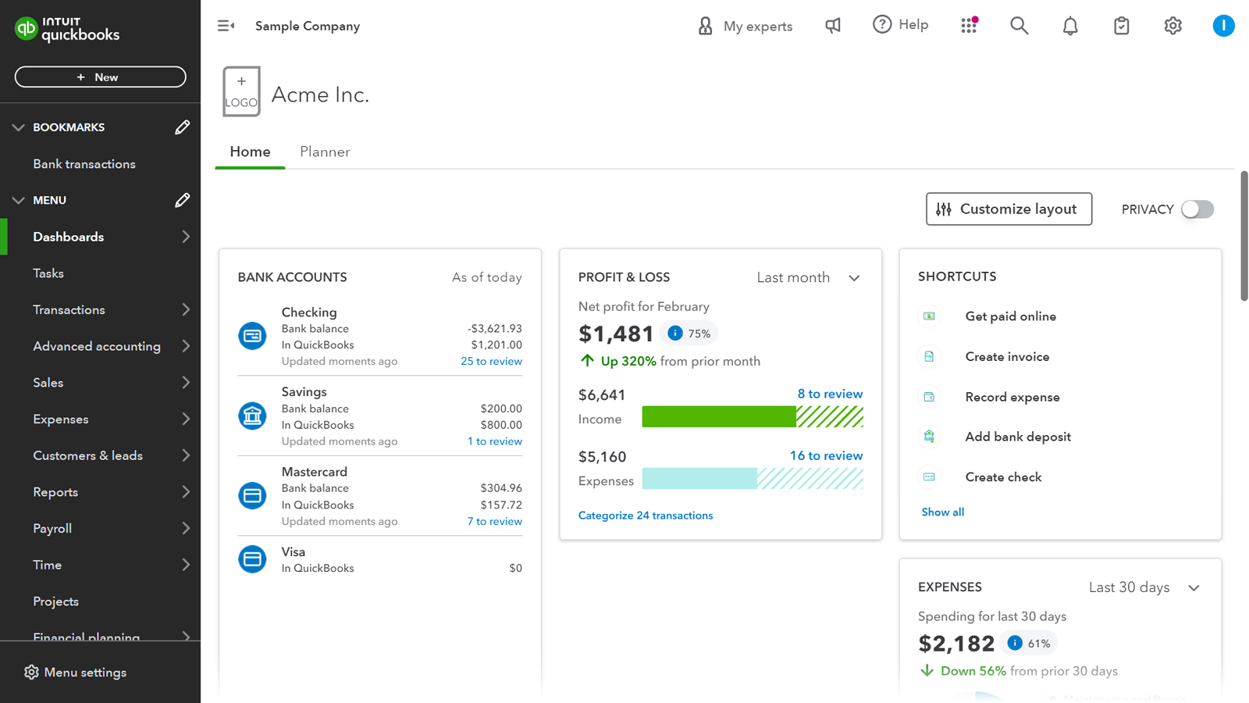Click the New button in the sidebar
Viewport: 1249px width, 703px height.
tap(100, 77)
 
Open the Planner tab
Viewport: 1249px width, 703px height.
tap(325, 152)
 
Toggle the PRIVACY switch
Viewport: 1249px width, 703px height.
tap(1197, 209)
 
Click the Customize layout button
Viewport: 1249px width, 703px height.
tap(1009, 209)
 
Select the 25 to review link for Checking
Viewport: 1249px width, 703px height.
tap(491, 362)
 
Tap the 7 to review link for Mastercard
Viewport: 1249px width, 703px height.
tap(494, 522)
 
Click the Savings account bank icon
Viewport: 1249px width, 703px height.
tap(252, 416)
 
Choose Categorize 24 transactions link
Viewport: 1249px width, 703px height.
tap(645, 516)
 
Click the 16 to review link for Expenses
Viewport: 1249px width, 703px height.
tap(826, 455)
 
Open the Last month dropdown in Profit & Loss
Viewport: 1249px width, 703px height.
tap(808, 278)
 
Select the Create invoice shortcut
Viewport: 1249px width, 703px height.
tap(1007, 357)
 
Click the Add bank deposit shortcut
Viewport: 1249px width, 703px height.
tap(1017, 437)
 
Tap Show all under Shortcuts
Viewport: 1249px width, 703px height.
tap(942, 512)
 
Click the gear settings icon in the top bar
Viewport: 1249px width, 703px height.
tap(1172, 26)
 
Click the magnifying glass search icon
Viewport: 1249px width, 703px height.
tap(1019, 26)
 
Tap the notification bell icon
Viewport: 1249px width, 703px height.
tap(1070, 26)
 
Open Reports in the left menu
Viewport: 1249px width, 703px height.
tap(55, 492)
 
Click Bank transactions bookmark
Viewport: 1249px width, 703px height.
tap(84, 164)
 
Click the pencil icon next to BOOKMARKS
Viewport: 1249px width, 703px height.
tap(182, 127)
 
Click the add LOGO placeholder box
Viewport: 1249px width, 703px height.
tap(241, 91)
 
